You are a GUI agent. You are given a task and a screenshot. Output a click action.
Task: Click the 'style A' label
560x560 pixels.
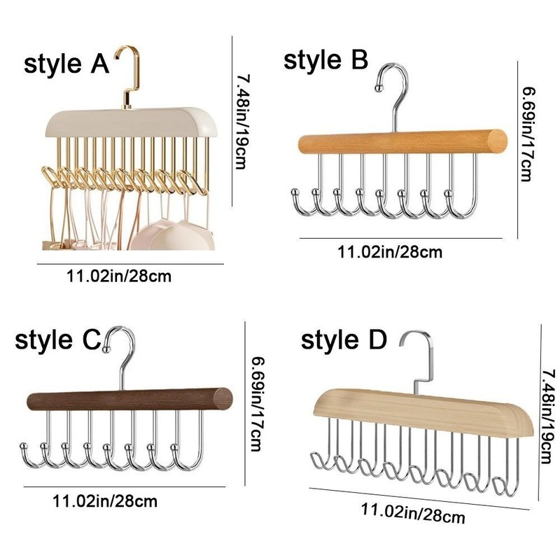click(x=66, y=64)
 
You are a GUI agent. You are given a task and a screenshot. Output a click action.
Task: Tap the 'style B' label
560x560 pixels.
click(x=325, y=60)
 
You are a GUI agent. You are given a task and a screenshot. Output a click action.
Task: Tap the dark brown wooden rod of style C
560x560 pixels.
click(x=129, y=400)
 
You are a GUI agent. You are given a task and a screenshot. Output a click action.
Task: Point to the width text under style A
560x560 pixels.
click(x=118, y=276)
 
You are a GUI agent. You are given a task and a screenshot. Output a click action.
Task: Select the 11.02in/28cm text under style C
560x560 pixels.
click(x=105, y=500)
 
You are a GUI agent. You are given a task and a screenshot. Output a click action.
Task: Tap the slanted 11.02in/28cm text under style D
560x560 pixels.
click(x=413, y=512)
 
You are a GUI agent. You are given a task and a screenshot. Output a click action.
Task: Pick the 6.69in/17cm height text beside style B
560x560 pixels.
click(x=529, y=133)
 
